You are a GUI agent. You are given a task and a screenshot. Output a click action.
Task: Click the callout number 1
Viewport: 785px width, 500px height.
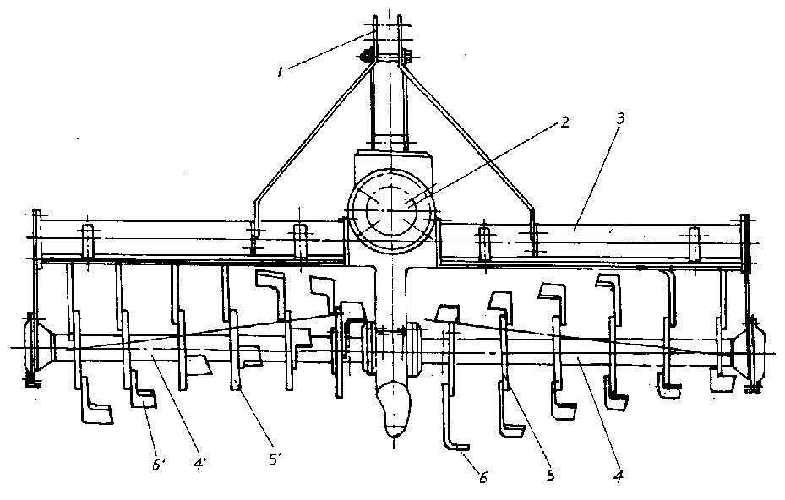click(x=281, y=72)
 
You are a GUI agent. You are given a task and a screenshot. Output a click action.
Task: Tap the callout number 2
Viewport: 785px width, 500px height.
click(x=564, y=122)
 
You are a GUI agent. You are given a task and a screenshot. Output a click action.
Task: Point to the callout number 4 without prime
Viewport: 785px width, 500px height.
click(x=619, y=476)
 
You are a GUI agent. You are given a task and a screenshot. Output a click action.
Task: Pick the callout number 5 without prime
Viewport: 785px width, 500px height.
click(x=551, y=475)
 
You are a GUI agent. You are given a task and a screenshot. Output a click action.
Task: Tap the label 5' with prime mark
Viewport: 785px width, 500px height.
click(x=275, y=459)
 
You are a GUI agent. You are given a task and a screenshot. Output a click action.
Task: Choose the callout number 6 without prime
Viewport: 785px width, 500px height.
click(x=483, y=478)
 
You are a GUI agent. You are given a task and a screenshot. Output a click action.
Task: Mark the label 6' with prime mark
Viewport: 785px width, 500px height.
click(x=158, y=465)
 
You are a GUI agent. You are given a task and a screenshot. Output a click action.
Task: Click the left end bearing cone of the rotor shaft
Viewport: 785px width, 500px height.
click(x=39, y=347)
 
